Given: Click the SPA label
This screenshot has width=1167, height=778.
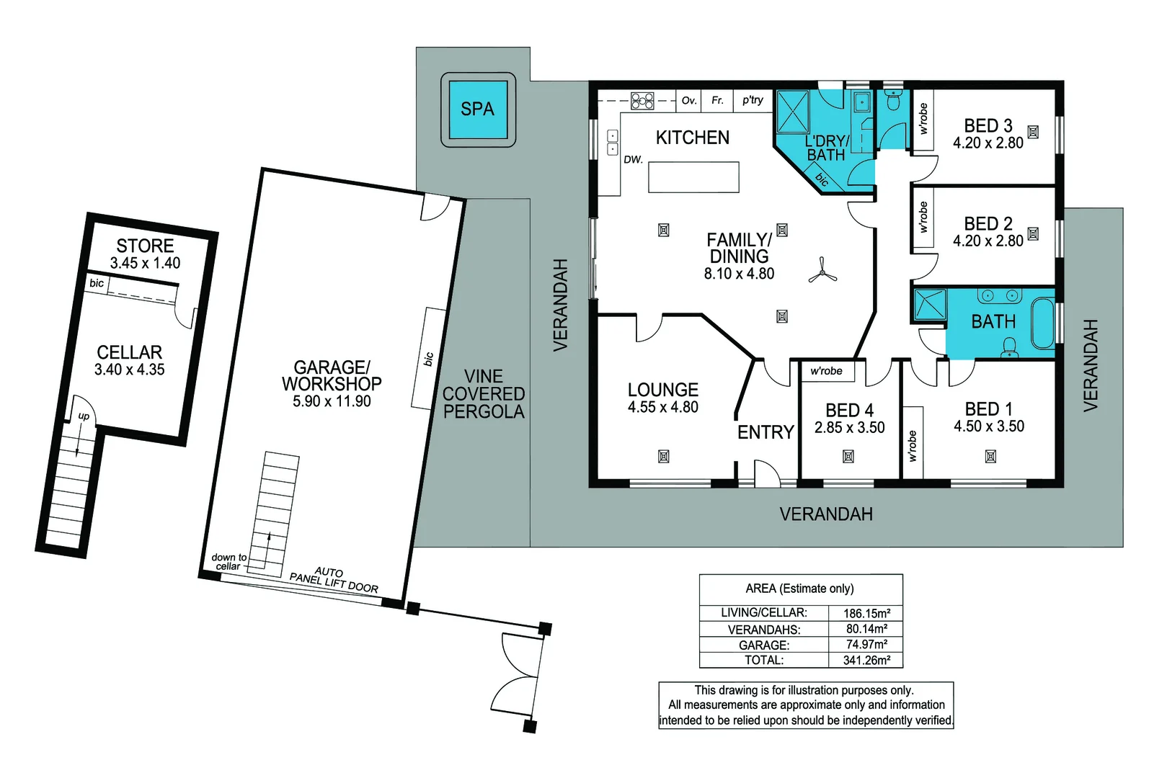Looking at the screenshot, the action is point(477,109).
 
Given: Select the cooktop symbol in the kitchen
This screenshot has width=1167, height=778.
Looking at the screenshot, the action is point(642,101).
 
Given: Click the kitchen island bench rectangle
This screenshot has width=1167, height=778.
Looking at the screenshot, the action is point(693,177).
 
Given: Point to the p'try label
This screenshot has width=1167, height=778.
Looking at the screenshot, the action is point(753,100).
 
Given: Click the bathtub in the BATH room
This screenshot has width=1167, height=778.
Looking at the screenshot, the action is point(1043,323).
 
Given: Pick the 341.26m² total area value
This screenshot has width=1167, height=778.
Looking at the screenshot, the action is point(867,661).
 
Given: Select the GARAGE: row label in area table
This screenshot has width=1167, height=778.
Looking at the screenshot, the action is point(764,645).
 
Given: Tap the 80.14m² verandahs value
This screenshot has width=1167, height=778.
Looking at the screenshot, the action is point(867,629).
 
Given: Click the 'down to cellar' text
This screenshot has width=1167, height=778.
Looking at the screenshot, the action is point(228,562).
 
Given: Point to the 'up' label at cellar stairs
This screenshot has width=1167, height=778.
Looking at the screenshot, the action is point(84,416).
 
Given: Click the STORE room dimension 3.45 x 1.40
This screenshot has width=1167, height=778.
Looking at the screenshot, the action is point(145,263).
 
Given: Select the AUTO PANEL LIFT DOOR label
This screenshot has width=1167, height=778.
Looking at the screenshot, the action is point(334,581).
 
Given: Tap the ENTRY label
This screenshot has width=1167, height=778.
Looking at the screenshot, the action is point(766,432).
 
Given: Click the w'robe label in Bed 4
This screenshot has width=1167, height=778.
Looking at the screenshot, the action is point(826,371).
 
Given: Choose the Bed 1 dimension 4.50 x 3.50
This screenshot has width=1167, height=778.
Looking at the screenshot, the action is point(989,426).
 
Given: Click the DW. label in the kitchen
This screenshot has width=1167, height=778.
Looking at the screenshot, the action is point(633,160).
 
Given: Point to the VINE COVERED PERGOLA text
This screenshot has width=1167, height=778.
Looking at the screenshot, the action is point(484,394).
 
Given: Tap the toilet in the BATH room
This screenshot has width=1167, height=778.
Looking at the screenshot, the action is point(1009,347).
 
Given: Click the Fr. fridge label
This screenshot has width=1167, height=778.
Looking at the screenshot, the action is point(717,100).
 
